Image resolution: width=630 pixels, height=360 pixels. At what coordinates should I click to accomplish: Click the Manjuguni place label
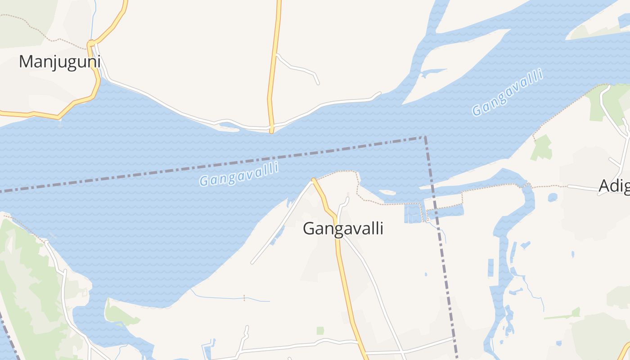[x=59, y=62]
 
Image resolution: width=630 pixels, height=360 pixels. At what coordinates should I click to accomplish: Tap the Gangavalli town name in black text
[x=343, y=229]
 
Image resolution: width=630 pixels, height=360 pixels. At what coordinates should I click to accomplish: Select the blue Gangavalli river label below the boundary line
[x=239, y=174]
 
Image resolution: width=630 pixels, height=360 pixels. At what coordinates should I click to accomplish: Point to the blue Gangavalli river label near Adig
[x=507, y=93]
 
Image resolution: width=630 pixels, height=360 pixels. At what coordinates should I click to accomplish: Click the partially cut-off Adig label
[x=614, y=186]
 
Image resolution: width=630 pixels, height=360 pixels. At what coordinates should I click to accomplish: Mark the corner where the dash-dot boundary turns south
[x=424, y=137]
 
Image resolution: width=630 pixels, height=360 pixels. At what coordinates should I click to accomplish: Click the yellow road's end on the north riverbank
[x=271, y=131]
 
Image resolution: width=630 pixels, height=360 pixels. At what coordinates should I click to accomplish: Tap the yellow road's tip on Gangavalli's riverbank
[x=313, y=180]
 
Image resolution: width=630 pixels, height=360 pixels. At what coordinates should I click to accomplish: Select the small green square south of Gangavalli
[x=320, y=331]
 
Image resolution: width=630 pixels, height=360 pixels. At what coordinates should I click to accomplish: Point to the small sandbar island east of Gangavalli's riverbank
[x=387, y=193]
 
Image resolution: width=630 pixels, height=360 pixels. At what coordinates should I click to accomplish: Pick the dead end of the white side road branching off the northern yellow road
[x=318, y=83]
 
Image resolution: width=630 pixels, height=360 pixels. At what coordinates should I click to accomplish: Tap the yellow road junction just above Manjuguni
[x=91, y=44]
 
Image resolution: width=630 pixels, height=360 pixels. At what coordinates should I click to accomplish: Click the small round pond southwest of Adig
[x=553, y=197]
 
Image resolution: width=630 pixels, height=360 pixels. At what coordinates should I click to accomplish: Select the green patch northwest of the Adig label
[x=542, y=147]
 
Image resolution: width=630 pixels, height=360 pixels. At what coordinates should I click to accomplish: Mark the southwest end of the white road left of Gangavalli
[x=252, y=263]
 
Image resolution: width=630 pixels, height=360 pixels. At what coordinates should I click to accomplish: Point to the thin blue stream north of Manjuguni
[x=93, y=20]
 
